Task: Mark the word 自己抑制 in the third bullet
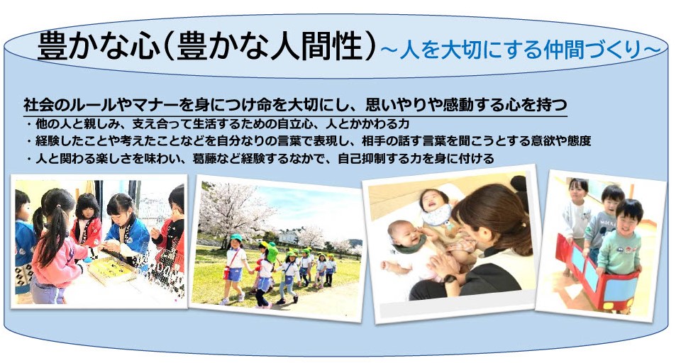click(x=361, y=159)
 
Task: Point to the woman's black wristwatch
click(x=449, y=280)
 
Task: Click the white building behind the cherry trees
click(x=288, y=237)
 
